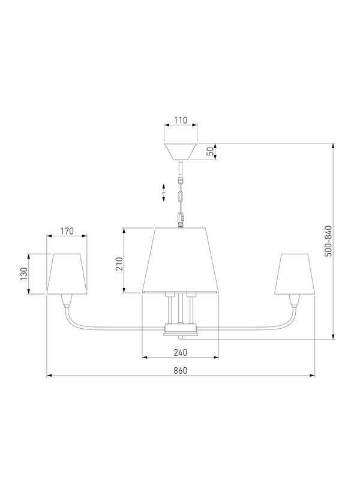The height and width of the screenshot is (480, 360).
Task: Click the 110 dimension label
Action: point(181,121)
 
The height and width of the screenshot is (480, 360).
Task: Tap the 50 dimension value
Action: point(210,151)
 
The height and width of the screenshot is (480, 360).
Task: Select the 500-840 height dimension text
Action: point(328,241)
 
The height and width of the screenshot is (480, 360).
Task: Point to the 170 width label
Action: point(67,231)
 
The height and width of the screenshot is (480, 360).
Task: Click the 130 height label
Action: point(24,274)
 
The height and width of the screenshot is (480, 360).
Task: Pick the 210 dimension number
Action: point(119,264)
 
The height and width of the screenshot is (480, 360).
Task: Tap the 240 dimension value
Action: point(181,353)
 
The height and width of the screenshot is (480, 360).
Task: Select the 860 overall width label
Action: point(181,370)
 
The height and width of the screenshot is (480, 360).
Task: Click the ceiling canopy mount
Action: point(181,151)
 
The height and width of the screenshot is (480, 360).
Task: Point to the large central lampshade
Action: point(181,260)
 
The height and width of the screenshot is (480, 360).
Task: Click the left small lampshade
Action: point(67,274)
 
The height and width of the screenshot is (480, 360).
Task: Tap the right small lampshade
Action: point(295,274)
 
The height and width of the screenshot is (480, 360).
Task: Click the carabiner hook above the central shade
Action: point(181,219)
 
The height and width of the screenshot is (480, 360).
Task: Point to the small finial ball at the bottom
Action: point(181,337)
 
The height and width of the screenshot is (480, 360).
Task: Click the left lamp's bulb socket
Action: point(67,301)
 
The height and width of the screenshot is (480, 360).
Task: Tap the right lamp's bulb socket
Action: point(295,301)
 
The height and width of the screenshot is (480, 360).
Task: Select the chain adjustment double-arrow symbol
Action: point(164,193)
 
